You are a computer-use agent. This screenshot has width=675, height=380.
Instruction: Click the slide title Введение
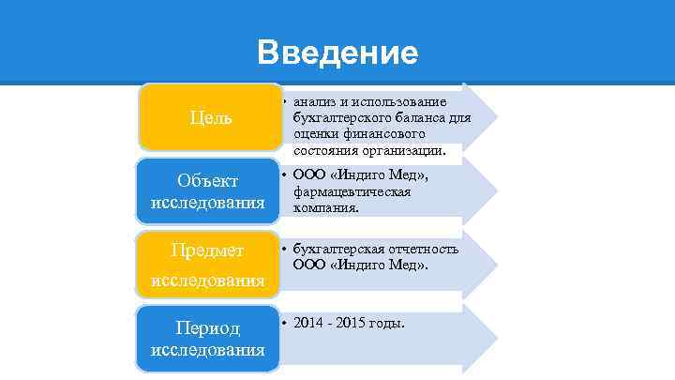[337, 53]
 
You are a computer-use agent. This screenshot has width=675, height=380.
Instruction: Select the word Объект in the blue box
[206, 180]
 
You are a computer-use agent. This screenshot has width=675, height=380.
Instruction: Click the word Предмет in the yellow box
[206, 251]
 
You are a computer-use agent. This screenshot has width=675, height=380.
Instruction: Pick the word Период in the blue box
[208, 328]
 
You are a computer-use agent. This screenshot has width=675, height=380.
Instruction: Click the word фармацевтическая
[352, 191]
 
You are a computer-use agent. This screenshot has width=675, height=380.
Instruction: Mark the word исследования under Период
[206, 350]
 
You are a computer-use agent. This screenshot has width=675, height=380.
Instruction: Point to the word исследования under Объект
[206, 203]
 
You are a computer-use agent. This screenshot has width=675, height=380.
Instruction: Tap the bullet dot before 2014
[284, 324]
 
